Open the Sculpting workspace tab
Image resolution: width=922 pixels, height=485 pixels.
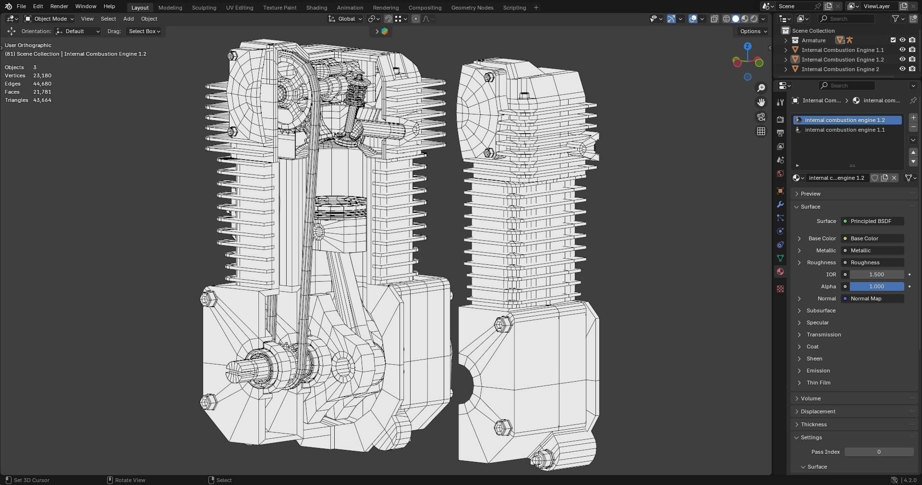click(x=204, y=8)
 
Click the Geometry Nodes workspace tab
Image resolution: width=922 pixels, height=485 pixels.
click(x=472, y=8)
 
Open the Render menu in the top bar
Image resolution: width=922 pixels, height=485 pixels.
click(x=59, y=6)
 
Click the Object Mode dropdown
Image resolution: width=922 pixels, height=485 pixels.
click(x=49, y=19)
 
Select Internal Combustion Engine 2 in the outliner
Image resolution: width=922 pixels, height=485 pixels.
click(x=840, y=69)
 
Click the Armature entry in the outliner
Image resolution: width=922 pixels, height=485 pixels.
click(x=813, y=40)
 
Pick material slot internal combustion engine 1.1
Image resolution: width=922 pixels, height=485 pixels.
click(x=844, y=130)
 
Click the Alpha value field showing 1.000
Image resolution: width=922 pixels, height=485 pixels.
click(x=876, y=286)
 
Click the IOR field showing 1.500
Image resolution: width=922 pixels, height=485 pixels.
click(x=876, y=274)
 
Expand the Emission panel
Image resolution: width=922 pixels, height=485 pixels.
click(x=818, y=371)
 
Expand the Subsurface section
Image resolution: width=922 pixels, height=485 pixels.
click(x=821, y=311)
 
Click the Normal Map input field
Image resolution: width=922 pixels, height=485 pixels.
click(x=872, y=298)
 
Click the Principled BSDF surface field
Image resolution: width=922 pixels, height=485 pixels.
click(x=872, y=221)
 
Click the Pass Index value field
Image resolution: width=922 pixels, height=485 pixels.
click(x=878, y=452)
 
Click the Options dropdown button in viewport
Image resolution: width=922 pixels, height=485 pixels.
click(x=753, y=31)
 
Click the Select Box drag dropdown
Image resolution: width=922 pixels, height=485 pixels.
click(x=144, y=31)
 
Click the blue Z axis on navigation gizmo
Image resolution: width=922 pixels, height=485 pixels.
click(x=747, y=46)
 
